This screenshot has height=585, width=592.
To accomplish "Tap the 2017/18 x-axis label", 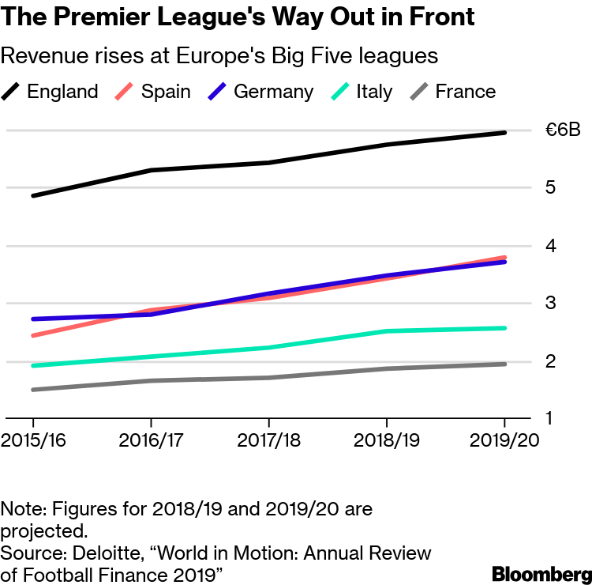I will coord(268,440).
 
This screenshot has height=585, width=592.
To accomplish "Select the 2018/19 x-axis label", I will coord(387,440).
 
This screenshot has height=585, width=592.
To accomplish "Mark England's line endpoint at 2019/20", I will coord(505,133).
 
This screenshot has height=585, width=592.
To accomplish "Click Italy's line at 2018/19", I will coord(387,331).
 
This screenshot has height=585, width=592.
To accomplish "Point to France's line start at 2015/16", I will coord(32,390).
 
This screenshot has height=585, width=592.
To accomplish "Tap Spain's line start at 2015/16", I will coord(32,336).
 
